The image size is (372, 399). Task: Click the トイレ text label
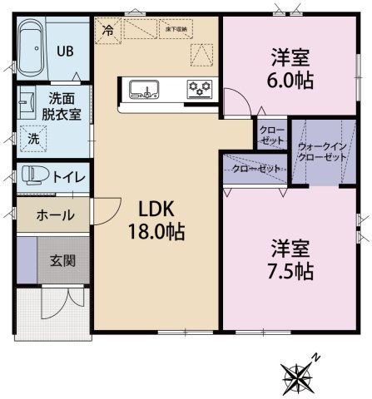[x=68, y=176]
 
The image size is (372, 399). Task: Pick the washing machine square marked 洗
[x=34, y=137]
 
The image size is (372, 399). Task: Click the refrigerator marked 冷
[x=107, y=29]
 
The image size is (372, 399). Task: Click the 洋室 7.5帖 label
[x=291, y=259]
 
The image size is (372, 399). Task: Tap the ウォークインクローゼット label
[x=324, y=151]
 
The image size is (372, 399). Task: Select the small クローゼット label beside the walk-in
[x=270, y=135]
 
